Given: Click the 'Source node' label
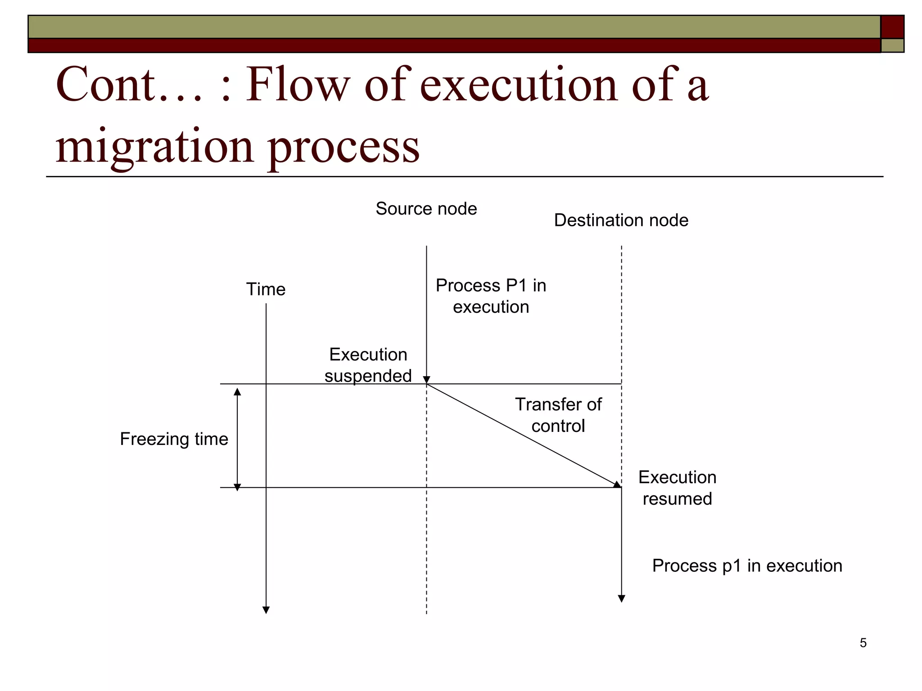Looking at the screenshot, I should point(426,209).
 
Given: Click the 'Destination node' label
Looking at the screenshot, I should point(621,220).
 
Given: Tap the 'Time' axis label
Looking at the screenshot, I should point(266,289).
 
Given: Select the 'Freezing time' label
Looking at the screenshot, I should point(174,439).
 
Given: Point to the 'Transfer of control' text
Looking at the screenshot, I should point(558,415).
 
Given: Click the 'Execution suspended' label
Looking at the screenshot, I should point(368,365).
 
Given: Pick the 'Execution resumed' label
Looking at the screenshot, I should point(677,488).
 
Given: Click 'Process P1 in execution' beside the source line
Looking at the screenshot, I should point(491,296).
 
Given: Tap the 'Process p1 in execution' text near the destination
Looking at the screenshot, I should point(747,565).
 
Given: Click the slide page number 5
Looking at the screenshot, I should point(863,643).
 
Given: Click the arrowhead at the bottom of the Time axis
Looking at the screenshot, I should point(266,610).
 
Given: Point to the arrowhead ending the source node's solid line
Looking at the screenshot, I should point(426,380).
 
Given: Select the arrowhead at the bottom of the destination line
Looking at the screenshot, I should point(621,599).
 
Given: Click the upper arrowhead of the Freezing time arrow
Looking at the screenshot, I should point(237,392).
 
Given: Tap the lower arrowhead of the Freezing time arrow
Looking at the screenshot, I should point(237,487).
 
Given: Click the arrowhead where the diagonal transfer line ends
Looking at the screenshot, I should point(617,485).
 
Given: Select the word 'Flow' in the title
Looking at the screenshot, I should point(297,85).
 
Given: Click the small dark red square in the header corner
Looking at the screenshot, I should point(892,27).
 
